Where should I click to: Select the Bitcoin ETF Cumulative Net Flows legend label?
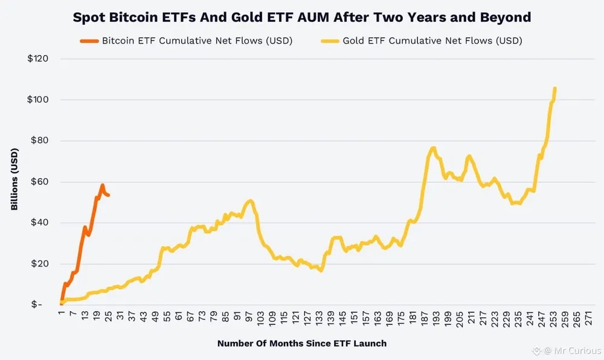click(198, 42)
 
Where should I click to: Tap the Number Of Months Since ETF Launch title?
click(301, 343)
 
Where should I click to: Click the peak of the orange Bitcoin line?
click(102, 185)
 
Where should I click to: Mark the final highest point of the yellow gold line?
click(554, 89)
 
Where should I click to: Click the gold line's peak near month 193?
click(433, 147)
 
